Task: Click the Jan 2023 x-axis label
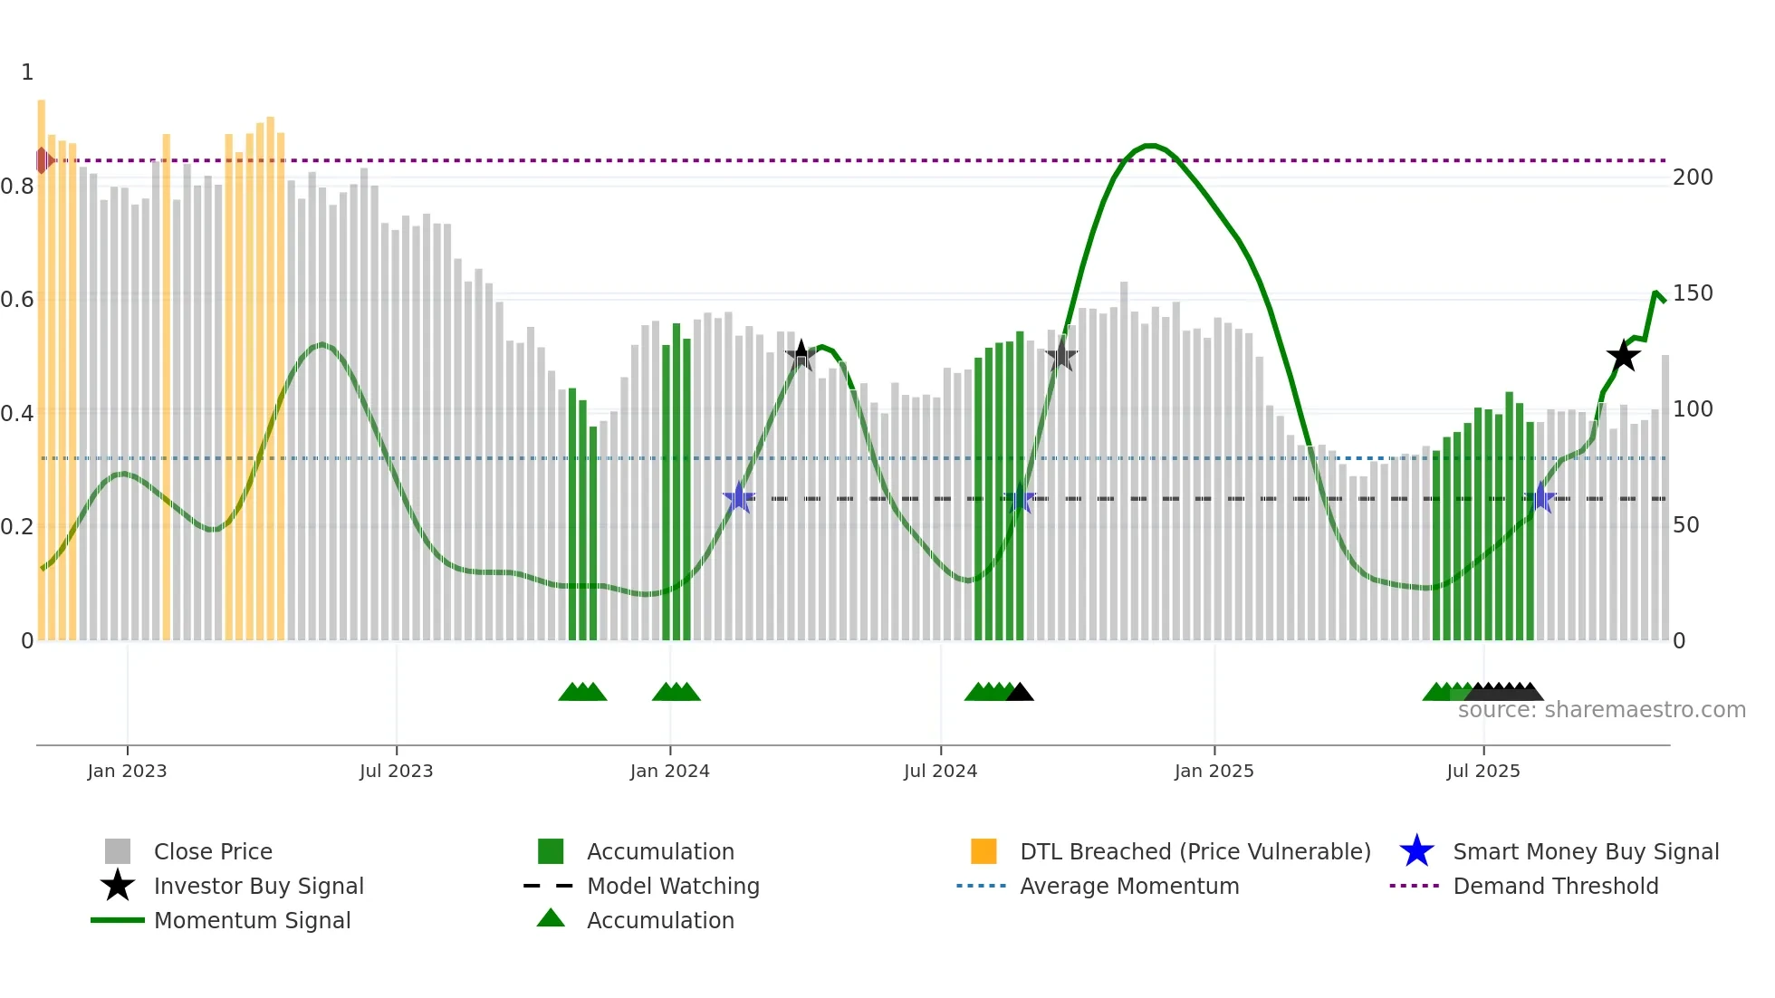pos(127,771)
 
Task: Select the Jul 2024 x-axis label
pos(940,771)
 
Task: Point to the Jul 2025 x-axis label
pos(1482,771)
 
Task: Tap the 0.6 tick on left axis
pos(17,300)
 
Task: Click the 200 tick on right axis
pos(1692,178)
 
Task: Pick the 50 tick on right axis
pos(1685,525)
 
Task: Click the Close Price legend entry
pos(212,851)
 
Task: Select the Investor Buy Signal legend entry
pos(258,886)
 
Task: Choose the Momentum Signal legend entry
pos(252,920)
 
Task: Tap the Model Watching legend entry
pos(672,886)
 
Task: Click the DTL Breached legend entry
pos(1194,851)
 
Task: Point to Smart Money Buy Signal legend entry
pos(1585,851)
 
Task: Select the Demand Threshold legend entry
pos(1555,886)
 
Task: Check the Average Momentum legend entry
pos(1128,886)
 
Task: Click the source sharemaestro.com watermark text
pos(1601,710)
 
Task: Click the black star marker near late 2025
pos(1623,356)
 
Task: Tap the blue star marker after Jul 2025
pos(1540,498)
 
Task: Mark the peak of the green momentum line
pos(1148,146)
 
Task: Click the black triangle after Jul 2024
pos(1020,693)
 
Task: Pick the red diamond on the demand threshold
pos(43,160)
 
